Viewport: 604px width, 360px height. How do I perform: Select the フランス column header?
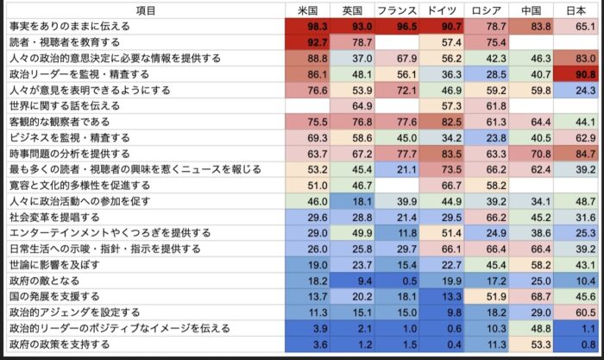pos(397,10)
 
